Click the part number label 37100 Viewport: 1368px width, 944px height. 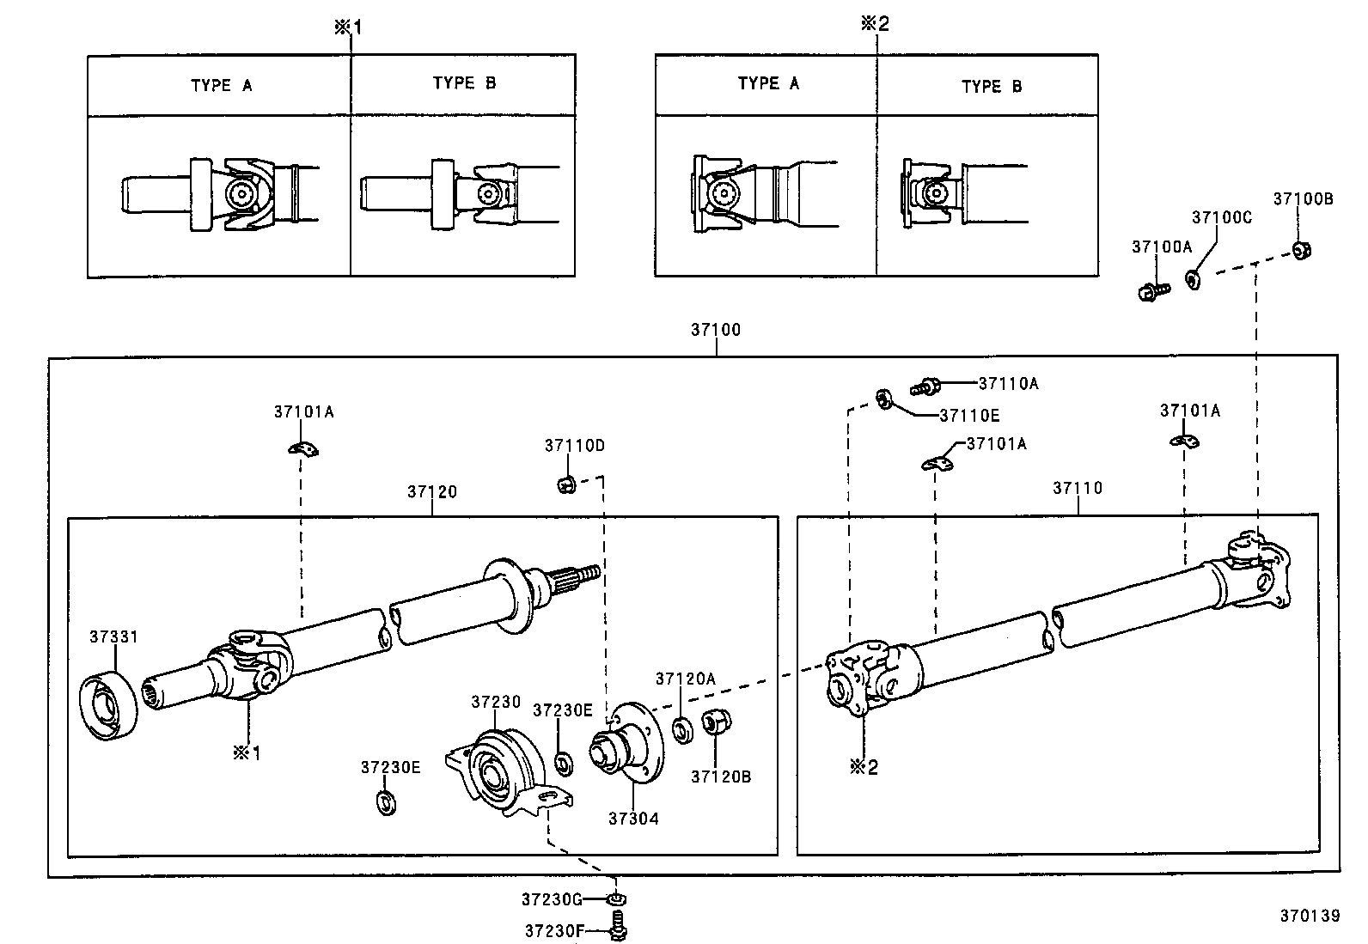point(715,330)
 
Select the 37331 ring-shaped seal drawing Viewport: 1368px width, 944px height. point(109,704)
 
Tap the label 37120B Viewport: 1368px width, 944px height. point(721,777)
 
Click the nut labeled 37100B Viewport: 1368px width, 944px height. point(1301,251)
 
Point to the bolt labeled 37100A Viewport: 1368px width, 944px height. point(1151,292)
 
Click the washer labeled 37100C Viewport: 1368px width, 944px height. point(1193,279)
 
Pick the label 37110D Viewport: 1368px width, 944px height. point(574,446)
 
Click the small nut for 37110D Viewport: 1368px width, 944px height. point(565,485)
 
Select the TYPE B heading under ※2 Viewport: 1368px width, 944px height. point(992,87)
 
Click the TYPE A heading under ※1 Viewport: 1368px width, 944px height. point(221,86)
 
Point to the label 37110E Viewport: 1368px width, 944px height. point(969,416)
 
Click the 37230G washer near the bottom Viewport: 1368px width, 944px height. point(615,899)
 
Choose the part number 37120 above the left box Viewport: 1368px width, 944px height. point(432,492)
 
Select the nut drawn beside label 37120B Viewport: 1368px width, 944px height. point(712,723)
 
